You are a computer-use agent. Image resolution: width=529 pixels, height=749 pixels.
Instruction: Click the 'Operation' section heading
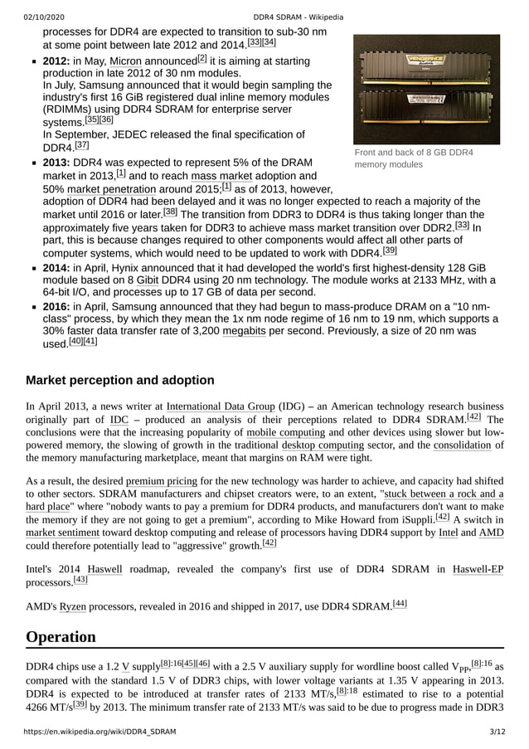click(x=61, y=637)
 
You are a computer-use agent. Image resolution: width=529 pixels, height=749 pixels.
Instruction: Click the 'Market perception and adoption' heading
click(x=120, y=381)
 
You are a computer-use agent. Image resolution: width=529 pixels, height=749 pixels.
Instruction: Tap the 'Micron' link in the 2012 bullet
click(x=126, y=61)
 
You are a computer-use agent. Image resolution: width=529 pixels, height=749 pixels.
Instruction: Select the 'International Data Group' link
click(x=220, y=406)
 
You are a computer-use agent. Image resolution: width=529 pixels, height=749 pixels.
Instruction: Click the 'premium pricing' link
click(x=161, y=481)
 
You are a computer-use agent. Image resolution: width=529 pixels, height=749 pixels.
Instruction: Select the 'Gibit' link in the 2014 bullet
click(x=148, y=280)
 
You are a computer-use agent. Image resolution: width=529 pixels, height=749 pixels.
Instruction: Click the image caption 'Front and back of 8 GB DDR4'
click(x=413, y=153)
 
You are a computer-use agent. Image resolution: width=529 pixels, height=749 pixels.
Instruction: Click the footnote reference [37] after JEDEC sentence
click(x=81, y=144)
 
